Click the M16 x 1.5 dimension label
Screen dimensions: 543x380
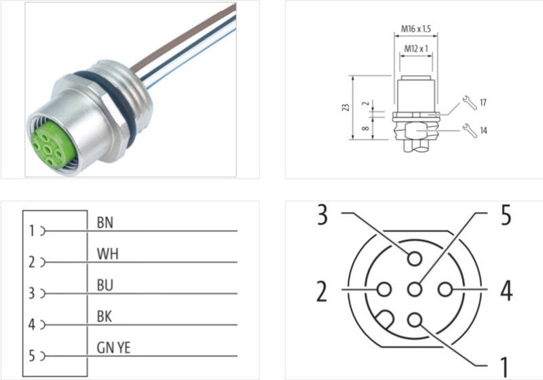click(x=415, y=29)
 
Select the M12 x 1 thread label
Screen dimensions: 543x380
click(x=416, y=48)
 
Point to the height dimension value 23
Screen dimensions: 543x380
click(x=345, y=107)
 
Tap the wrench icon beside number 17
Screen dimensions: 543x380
click(x=470, y=103)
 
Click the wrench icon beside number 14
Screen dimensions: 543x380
click(x=470, y=131)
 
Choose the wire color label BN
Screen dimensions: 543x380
click(x=105, y=222)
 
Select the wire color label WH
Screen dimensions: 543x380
click(x=108, y=254)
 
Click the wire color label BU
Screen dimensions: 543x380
click(x=105, y=285)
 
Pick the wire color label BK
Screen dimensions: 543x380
click(x=105, y=316)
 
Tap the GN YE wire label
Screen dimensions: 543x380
click(x=113, y=347)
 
